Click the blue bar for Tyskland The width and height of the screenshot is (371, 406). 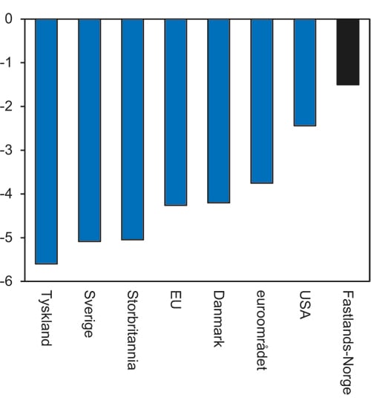46,141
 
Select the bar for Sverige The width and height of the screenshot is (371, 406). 89,130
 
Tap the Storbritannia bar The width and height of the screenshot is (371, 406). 132,129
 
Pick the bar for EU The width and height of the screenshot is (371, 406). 176,112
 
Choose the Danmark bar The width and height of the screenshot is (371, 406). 219,111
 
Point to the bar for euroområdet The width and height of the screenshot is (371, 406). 262,101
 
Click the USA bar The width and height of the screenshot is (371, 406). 305,73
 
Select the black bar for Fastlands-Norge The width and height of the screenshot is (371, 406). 348,52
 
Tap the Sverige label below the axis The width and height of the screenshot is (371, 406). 89,314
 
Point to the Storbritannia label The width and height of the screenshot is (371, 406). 132,330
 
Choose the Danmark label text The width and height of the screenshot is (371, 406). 219,318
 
